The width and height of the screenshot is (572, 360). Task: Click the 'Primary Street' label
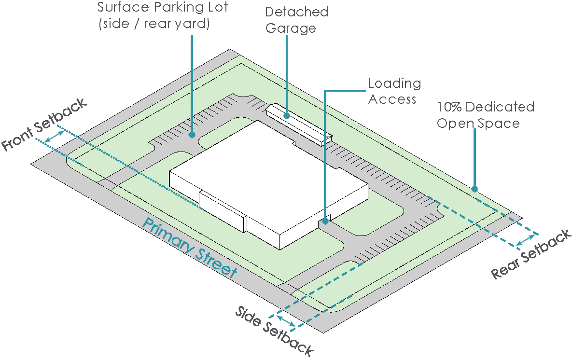pyautogui.click(x=190, y=248)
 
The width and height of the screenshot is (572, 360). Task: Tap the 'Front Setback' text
pyautogui.click(x=44, y=124)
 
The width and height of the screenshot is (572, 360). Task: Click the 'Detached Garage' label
pyautogui.click(x=296, y=20)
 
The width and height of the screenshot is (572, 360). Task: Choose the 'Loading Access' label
pyautogui.click(x=394, y=91)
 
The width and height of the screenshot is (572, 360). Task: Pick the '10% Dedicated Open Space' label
pyautogui.click(x=485, y=114)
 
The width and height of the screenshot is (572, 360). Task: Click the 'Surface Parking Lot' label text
pyautogui.click(x=162, y=8)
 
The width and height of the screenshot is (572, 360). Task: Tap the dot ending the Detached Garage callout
pyautogui.click(x=287, y=115)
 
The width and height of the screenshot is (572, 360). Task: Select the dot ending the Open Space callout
pyautogui.click(x=475, y=189)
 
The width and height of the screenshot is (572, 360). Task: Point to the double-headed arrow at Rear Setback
pyautogui.click(x=526, y=239)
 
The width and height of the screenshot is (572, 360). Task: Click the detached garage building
pyautogui.click(x=299, y=124)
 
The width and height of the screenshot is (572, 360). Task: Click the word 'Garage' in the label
pyautogui.click(x=291, y=28)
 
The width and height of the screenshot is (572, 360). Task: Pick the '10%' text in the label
pyautogui.click(x=449, y=107)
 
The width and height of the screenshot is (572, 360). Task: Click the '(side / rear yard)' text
pyautogui.click(x=154, y=24)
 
